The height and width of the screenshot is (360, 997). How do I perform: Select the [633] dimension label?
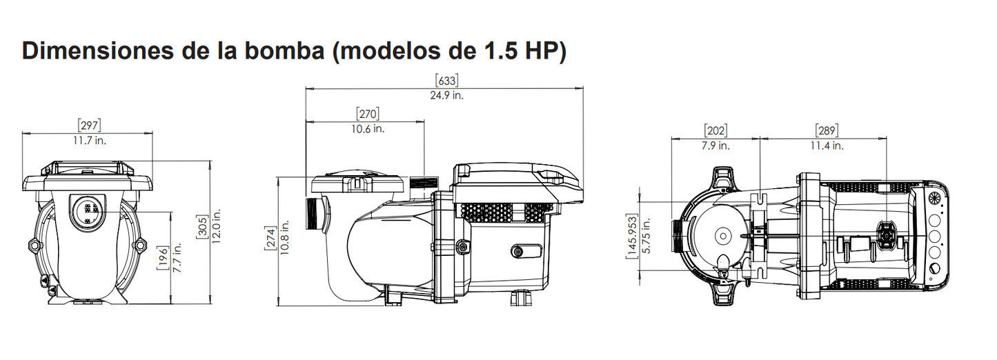(446, 80)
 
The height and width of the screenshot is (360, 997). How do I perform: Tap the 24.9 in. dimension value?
(446, 95)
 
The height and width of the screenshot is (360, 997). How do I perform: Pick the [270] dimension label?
(368, 113)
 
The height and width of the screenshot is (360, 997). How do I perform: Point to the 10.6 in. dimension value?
(368, 128)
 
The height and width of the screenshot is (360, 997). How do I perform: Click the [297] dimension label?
(90, 125)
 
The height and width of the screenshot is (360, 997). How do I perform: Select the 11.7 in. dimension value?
(90, 140)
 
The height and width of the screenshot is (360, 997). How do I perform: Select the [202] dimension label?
(715, 130)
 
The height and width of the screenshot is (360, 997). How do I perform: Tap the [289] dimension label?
(826, 130)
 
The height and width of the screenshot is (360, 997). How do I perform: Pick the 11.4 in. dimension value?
(826, 146)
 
